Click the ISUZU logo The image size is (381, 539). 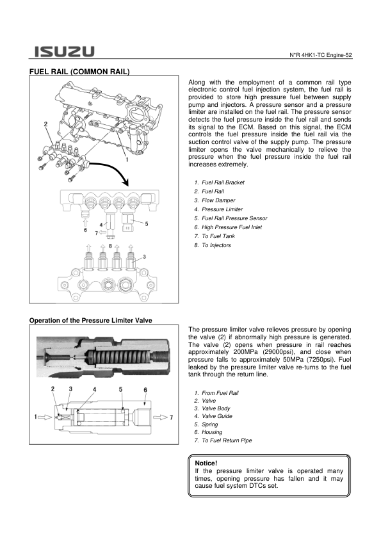pyautogui.click(x=64, y=52)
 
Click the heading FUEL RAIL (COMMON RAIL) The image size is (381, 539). pyautogui.click(x=79, y=72)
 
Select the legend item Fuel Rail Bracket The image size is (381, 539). pyautogui.click(x=223, y=182)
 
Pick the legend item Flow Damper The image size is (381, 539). pyautogui.click(x=218, y=200)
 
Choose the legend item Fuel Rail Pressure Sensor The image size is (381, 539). pyautogui.click(x=234, y=218)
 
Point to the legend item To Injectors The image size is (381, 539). pyautogui.click(x=216, y=245)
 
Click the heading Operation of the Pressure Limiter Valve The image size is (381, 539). pyautogui.click(x=90, y=320)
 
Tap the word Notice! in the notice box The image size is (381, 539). pyautogui.click(x=206, y=463)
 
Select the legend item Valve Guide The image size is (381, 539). pyautogui.click(x=217, y=416)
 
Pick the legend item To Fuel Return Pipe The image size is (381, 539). pyautogui.click(x=227, y=440)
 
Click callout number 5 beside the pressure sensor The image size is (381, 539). pyautogui.click(x=147, y=224)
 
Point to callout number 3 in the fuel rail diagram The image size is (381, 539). pyautogui.click(x=145, y=257)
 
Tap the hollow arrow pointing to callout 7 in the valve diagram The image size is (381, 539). pyautogui.click(x=160, y=417)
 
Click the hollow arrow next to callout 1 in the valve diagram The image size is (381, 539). pyautogui.click(x=45, y=417)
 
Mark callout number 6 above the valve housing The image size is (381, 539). pyautogui.click(x=145, y=390)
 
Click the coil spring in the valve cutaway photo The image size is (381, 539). pyautogui.click(x=120, y=358)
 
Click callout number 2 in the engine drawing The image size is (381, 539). pyautogui.click(x=45, y=124)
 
